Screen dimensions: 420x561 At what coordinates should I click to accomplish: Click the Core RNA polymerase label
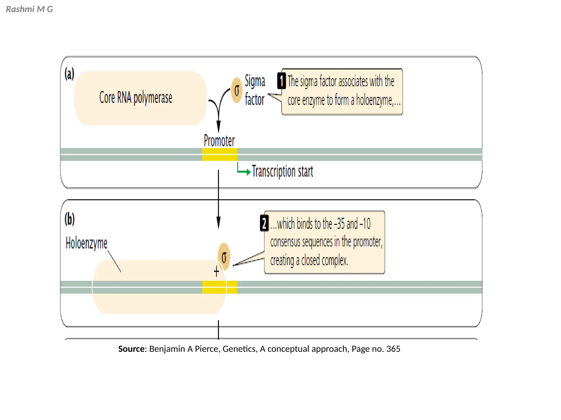[x=136, y=98]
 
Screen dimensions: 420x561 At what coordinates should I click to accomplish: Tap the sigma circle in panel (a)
[x=237, y=90]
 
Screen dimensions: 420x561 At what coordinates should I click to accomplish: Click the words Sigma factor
[x=255, y=90]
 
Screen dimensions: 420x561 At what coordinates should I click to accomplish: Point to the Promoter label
[x=219, y=141]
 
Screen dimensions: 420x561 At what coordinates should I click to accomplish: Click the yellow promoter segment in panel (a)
[x=219, y=154]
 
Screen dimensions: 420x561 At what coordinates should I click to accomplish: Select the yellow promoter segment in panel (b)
[x=219, y=287]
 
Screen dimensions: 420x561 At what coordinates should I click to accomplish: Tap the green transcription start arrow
[x=243, y=170]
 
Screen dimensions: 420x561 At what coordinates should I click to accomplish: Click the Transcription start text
[x=282, y=171]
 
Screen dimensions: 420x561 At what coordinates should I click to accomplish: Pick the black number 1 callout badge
[x=281, y=81]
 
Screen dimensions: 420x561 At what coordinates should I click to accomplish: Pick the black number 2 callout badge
[x=264, y=223]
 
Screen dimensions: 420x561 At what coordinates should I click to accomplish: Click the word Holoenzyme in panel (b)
[x=86, y=243]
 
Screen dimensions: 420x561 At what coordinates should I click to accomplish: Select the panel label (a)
[x=69, y=74]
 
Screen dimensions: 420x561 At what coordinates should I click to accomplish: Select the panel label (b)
[x=70, y=219]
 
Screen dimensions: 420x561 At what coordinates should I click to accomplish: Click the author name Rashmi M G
[x=29, y=9]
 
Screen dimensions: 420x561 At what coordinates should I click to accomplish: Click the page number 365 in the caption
[x=393, y=349]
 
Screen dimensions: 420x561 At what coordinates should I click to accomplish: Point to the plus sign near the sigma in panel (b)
[x=216, y=272]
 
